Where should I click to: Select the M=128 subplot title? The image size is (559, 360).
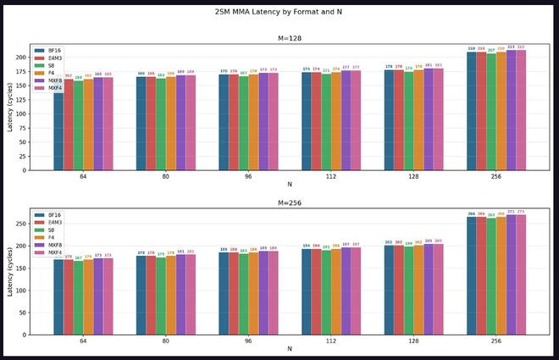coord(290,38)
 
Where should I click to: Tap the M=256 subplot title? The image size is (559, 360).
coord(290,203)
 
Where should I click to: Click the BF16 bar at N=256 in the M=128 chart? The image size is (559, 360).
coord(472,110)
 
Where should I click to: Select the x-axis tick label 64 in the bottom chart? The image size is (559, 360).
coord(83,341)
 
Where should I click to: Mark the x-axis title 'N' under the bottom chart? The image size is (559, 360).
coord(290,349)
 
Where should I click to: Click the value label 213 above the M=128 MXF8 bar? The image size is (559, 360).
coord(511,47)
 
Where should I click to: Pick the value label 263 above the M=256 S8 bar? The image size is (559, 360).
coord(491,215)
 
